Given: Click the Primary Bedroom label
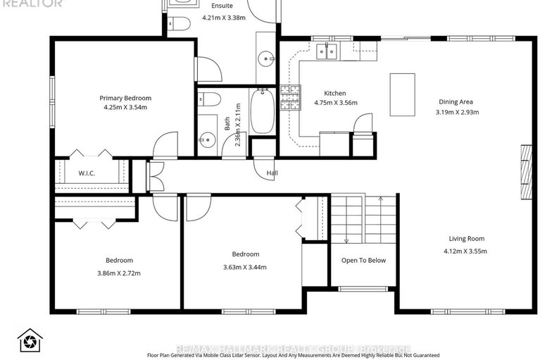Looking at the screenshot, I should click(x=125, y=98).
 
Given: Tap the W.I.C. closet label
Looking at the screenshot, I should click(x=87, y=173).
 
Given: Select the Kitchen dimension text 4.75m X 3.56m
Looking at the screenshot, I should click(x=335, y=103).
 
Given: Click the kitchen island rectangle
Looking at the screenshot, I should click(x=402, y=94).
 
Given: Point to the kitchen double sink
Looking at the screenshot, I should click(x=326, y=50).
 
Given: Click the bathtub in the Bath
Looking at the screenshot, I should click(x=262, y=111).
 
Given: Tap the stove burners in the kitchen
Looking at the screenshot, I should click(x=289, y=99).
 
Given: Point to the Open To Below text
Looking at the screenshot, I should click(x=363, y=261).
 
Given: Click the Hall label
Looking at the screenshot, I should click(x=272, y=173).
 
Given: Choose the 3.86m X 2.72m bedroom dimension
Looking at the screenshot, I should click(x=119, y=272).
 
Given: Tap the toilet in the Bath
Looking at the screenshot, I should click(x=211, y=98).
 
